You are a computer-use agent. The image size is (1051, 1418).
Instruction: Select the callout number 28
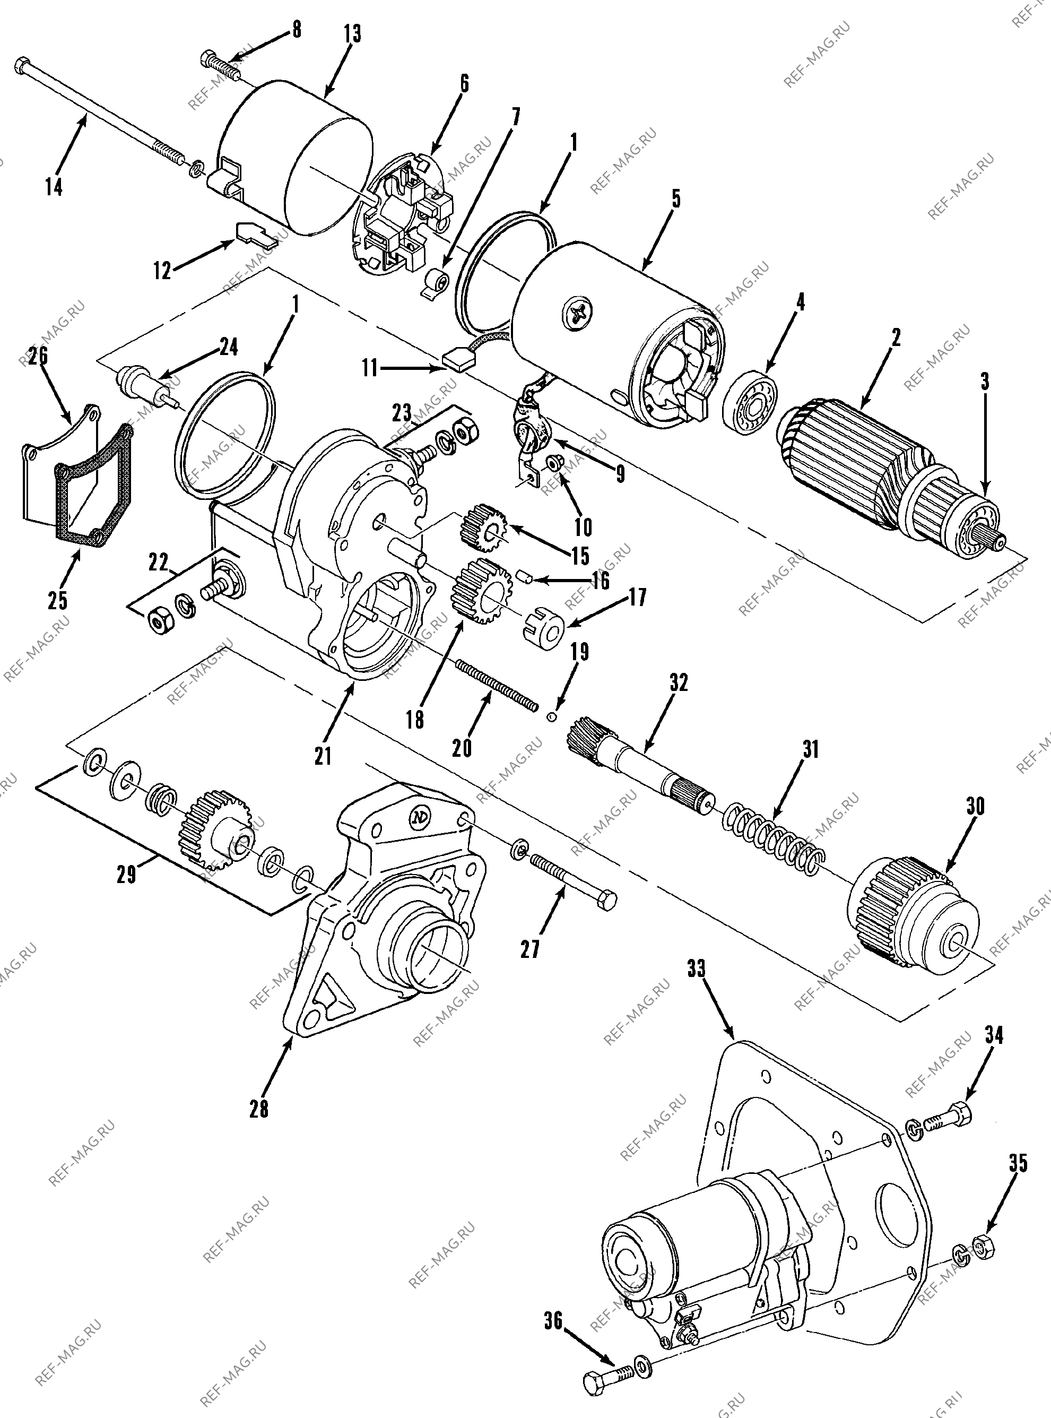pos(259,1109)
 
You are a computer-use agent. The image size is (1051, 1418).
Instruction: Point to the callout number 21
pos(323,756)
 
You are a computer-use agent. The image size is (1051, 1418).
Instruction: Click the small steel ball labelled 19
pos(552,717)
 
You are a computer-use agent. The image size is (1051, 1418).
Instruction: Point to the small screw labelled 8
pos(220,66)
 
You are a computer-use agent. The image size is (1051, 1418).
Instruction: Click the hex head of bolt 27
pos(607,902)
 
